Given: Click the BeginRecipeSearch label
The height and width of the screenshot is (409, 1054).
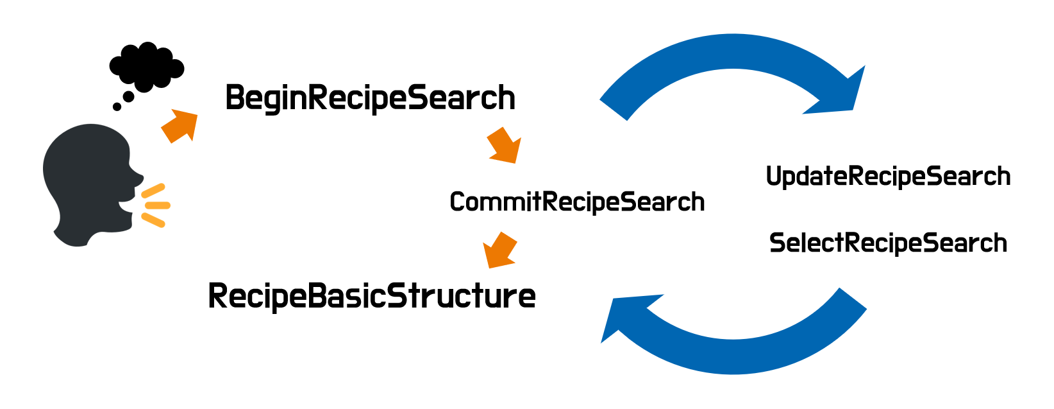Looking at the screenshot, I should (x=370, y=98).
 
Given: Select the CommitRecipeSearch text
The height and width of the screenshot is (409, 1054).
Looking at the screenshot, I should (x=577, y=202).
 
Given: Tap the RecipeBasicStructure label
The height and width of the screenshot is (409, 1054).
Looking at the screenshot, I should (x=372, y=296).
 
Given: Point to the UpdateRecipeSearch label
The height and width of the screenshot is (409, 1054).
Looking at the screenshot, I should (x=888, y=177).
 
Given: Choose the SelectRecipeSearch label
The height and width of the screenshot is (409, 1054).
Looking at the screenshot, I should (x=888, y=243).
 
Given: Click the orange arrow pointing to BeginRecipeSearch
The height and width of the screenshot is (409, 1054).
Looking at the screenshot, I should (x=179, y=126).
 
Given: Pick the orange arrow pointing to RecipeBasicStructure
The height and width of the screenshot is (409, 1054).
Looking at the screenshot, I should (x=499, y=250).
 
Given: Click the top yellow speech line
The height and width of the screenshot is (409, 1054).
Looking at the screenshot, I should (x=153, y=190).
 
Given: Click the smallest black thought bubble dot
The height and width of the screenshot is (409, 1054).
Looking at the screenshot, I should (x=117, y=107).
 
